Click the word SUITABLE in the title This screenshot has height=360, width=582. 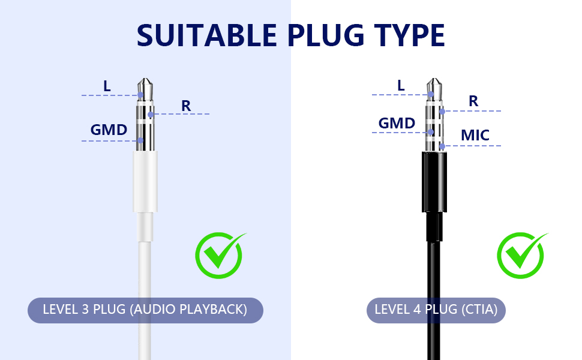click(207, 35)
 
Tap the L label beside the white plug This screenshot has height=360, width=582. click(107, 86)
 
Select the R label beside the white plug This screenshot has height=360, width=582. click(186, 106)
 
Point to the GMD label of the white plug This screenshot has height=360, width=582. click(109, 130)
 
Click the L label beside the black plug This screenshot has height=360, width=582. click(401, 85)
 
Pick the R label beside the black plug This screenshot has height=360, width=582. click(473, 101)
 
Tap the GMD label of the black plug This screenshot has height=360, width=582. click(397, 123)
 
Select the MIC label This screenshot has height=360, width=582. click(475, 135)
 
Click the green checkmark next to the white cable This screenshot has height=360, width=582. click(220, 256)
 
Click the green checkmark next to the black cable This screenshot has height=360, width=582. click(521, 256)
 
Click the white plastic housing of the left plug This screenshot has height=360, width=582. click(145, 181)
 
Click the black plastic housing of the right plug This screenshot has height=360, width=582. click(434, 182)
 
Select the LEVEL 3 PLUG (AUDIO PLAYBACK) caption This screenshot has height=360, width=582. click(145, 310)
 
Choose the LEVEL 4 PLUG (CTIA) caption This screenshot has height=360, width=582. click(436, 310)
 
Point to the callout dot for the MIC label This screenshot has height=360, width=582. click(442, 146)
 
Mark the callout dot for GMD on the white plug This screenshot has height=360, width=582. click(140, 140)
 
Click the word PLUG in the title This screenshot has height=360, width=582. click(326, 35)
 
